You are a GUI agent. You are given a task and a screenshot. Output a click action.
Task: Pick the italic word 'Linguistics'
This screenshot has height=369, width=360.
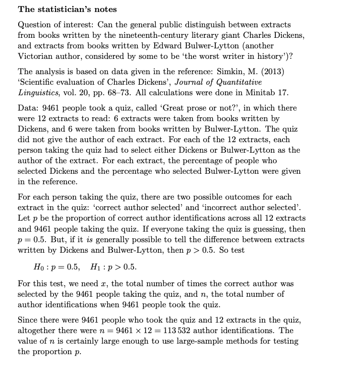coord(39,92)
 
